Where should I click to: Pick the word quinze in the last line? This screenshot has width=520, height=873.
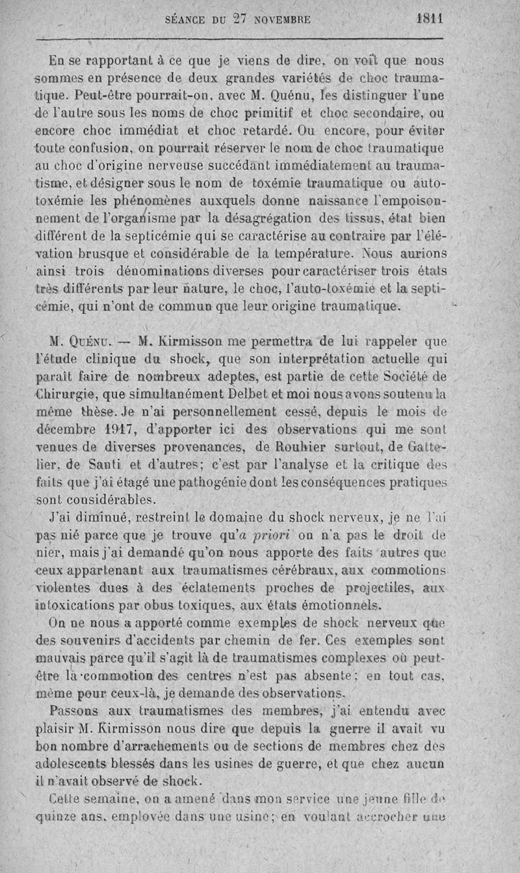coord(56,816)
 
